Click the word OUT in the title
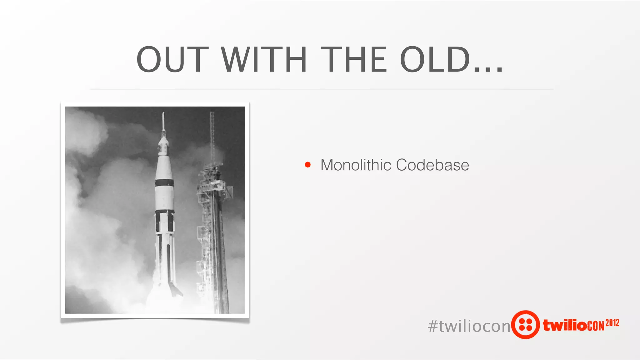click(172, 59)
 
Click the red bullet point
click(308, 165)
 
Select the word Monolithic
click(356, 165)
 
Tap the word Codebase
click(432, 165)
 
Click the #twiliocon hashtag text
click(469, 326)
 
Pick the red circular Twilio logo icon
click(526, 325)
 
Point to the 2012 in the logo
click(612, 323)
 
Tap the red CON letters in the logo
click(596, 326)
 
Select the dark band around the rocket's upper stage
click(164, 183)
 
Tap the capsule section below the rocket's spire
click(163, 145)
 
